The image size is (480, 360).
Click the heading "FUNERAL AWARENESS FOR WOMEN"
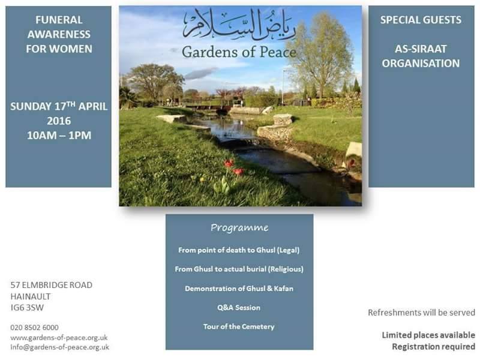(58, 34)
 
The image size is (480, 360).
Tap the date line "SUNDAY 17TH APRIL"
(58, 107)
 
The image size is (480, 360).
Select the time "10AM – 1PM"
(58, 135)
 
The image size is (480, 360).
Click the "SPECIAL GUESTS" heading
(421, 20)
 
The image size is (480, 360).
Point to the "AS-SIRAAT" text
(421, 49)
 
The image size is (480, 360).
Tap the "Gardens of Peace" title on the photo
(239, 52)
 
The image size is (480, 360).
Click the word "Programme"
(239, 228)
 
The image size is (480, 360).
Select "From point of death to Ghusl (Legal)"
(239, 250)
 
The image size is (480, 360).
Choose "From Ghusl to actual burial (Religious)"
(239, 269)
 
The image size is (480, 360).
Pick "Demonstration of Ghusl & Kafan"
(239, 288)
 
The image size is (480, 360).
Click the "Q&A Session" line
(239, 307)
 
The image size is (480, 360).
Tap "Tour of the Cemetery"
(239, 326)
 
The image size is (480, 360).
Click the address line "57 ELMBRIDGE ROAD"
(52, 285)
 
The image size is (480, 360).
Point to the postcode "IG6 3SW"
(28, 308)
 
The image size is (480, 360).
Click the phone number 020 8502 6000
(34, 327)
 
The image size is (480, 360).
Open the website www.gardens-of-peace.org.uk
(59, 337)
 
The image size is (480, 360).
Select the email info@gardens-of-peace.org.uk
(59, 347)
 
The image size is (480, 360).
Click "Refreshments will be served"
(421, 313)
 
